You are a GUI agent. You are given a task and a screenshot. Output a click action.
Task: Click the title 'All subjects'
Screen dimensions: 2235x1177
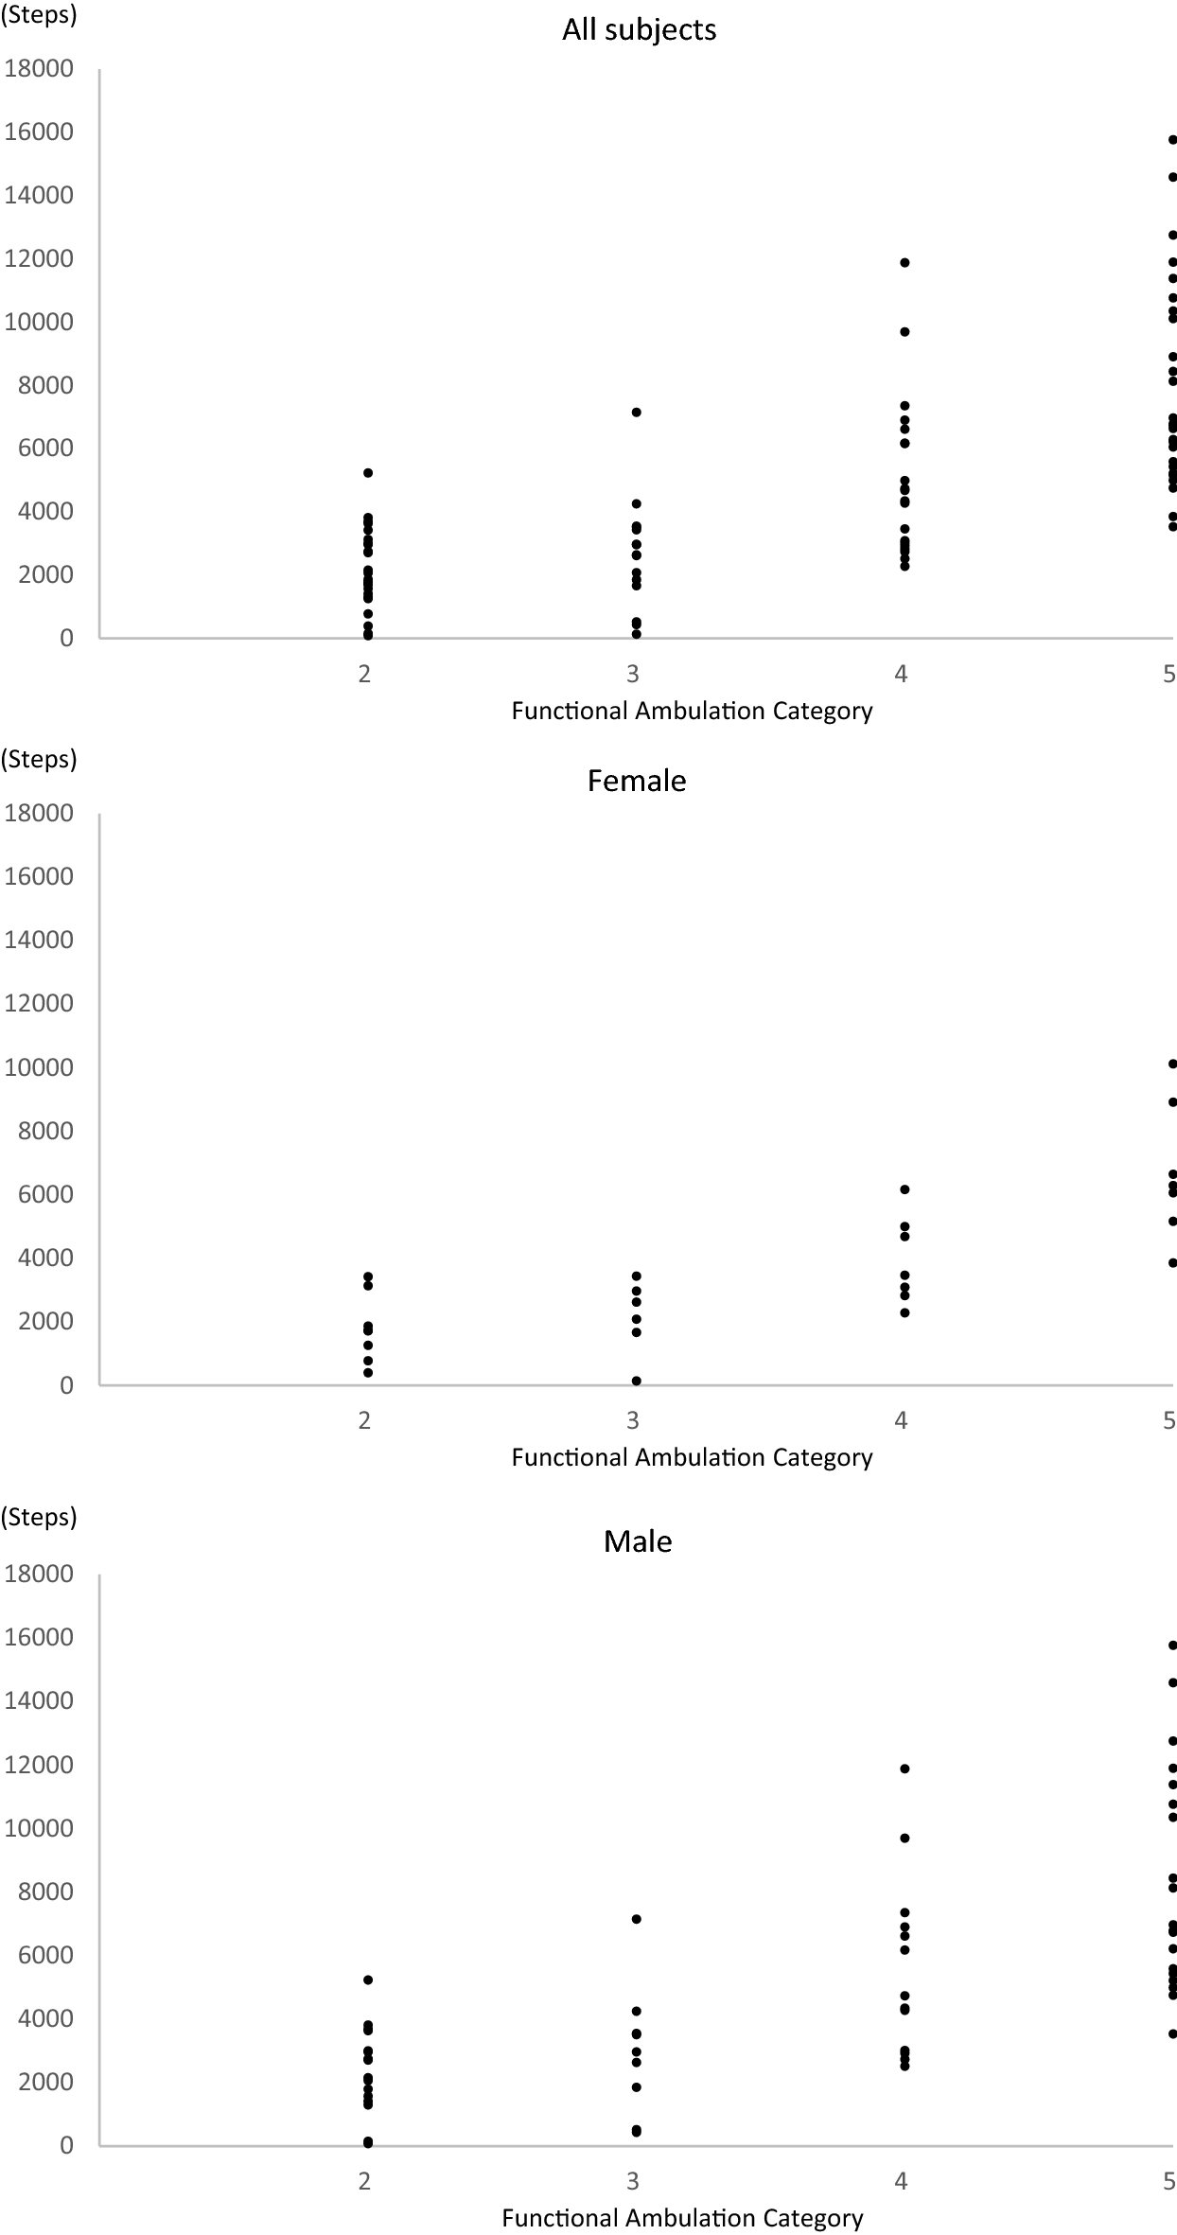pyautogui.click(x=639, y=30)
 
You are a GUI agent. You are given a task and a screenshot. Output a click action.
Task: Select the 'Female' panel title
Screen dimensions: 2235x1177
pyautogui.click(x=637, y=781)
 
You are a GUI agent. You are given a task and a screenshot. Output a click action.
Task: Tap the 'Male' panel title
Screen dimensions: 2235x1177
pyautogui.click(x=638, y=1541)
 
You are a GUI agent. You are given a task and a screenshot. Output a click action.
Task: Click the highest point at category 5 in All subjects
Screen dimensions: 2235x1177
pyautogui.click(x=1172, y=140)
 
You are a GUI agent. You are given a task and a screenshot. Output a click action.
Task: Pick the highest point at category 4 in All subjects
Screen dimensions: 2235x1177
pyautogui.click(x=905, y=262)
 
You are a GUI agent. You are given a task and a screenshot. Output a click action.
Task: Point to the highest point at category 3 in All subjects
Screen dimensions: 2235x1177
pyautogui.click(x=636, y=413)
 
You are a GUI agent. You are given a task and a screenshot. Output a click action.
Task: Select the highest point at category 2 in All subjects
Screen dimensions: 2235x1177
pyautogui.click(x=368, y=472)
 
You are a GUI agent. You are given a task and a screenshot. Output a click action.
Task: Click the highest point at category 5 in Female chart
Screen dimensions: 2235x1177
pyautogui.click(x=1172, y=1064)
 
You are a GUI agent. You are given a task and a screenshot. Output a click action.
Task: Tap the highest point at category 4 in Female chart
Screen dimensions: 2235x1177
pyautogui.click(x=905, y=1189)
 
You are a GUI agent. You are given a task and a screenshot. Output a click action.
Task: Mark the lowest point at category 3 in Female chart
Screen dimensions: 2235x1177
pyautogui.click(x=636, y=1381)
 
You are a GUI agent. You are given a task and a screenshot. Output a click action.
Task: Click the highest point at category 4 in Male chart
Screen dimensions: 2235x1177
pyautogui.click(x=905, y=1769)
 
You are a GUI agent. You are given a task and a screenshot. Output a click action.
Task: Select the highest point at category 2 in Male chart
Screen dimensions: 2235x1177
pyautogui.click(x=368, y=1980)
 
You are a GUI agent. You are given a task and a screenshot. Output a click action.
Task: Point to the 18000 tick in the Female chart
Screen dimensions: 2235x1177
pyautogui.click(x=39, y=814)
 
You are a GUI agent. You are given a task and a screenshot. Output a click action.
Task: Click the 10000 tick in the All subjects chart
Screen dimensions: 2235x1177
pyautogui.click(x=39, y=322)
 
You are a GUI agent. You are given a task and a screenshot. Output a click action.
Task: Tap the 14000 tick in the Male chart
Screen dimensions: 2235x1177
pyautogui.click(x=39, y=1700)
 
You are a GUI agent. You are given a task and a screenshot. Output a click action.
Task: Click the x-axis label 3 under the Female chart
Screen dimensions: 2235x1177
pyautogui.click(x=633, y=1419)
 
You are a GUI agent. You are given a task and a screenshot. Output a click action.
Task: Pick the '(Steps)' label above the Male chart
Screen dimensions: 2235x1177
pyautogui.click(x=39, y=1517)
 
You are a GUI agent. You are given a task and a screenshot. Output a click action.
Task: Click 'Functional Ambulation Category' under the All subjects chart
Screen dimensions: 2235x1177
pyautogui.click(x=692, y=712)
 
